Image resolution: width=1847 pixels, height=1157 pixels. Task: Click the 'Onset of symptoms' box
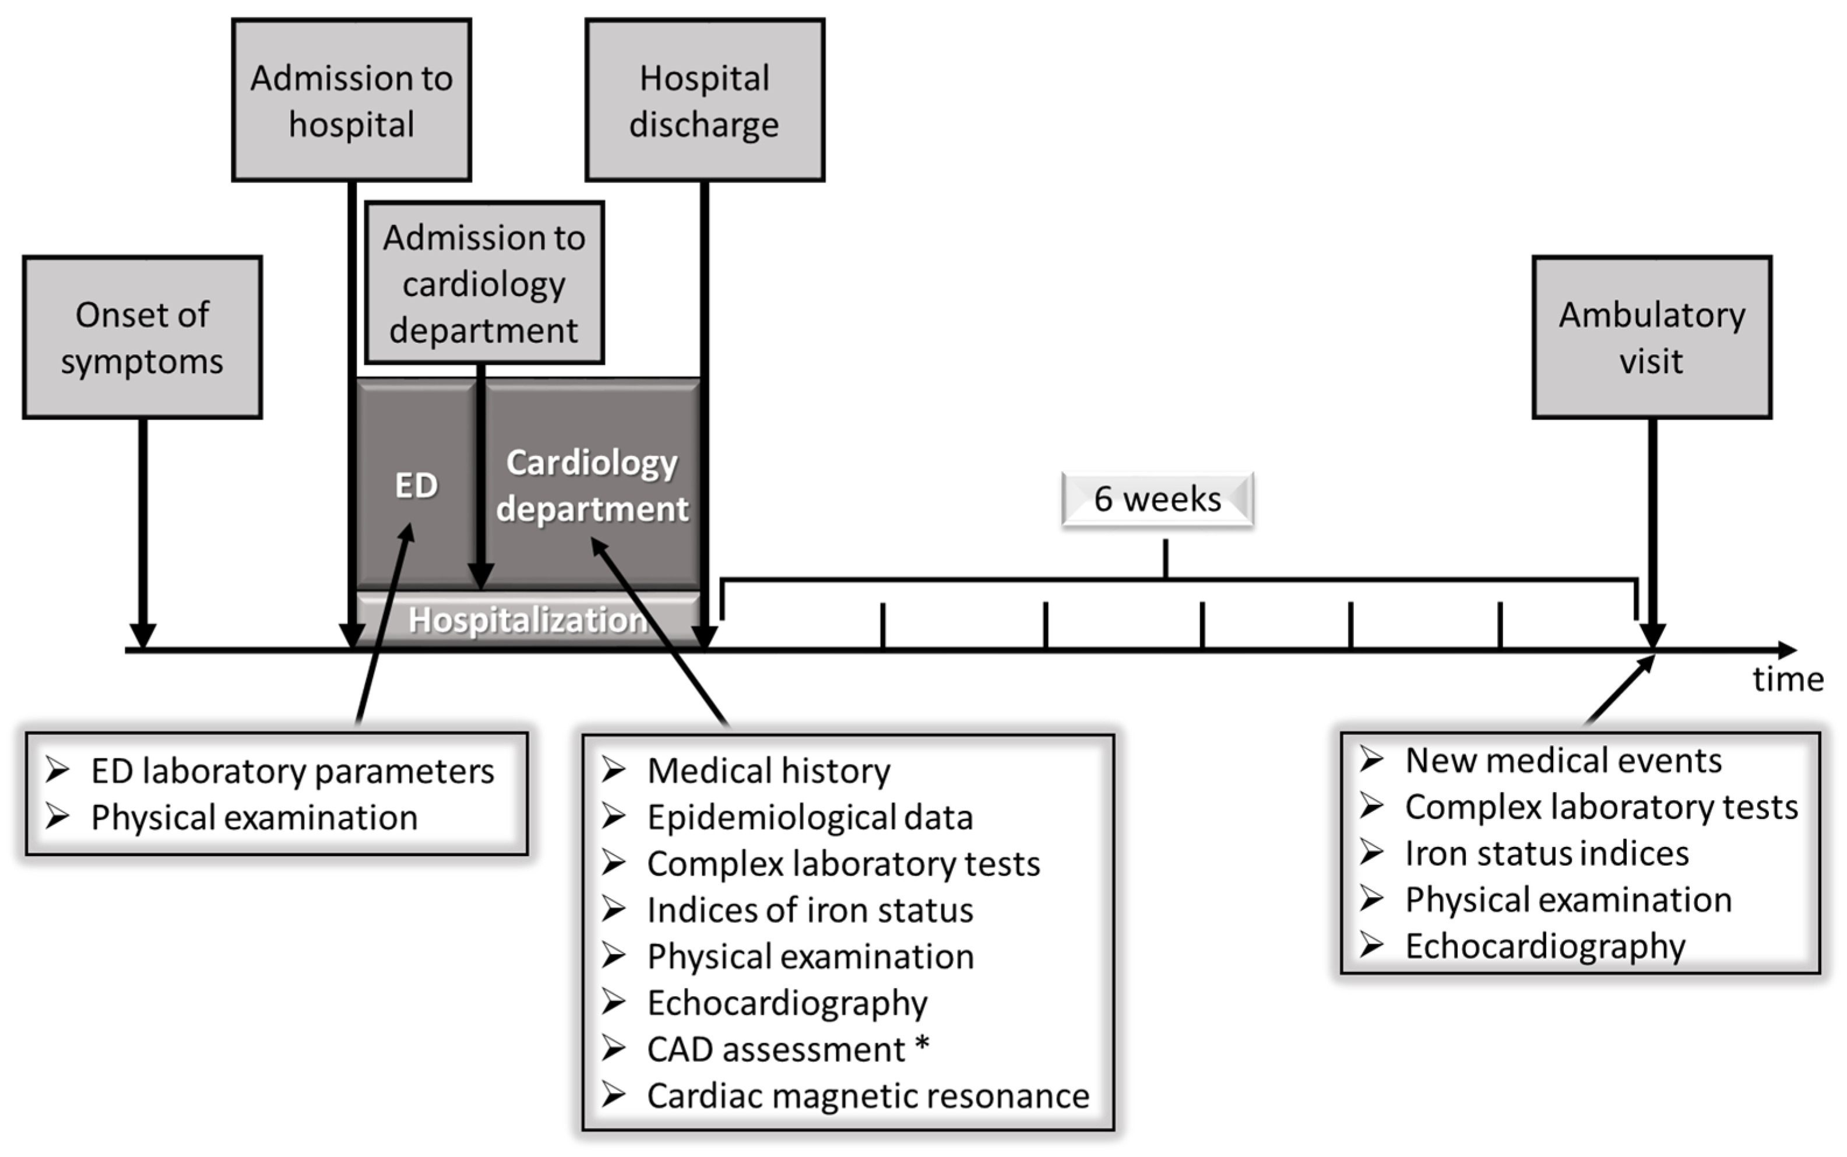click(x=142, y=337)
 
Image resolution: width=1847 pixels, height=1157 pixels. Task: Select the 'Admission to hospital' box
click(x=351, y=100)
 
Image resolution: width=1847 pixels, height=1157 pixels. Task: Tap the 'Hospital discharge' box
click(x=704, y=100)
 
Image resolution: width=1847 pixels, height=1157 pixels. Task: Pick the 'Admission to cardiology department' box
click(x=484, y=283)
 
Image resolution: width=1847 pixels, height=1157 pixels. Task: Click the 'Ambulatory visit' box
click(x=1651, y=337)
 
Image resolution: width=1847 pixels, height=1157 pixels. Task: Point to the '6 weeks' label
click(x=1157, y=499)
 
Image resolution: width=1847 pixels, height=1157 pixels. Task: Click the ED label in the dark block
click(x=416, y=485)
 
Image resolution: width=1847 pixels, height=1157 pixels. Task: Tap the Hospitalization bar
click(x=528, y=619)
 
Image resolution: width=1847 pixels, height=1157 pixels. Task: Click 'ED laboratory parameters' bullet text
click(x=292, y=771)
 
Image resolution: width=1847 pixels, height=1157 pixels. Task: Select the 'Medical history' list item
click(x=768, y=771)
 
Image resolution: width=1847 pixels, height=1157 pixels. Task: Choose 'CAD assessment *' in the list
click(x=788, y=1049)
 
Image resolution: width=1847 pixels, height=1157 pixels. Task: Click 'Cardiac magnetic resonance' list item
click(x=868, y=1096)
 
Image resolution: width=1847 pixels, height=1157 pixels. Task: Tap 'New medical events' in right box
click(x=1563, y=761)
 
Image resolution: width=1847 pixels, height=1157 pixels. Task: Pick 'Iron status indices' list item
click(x=1546, y=853)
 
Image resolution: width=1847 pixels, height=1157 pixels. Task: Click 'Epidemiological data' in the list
click(x=810, y=817)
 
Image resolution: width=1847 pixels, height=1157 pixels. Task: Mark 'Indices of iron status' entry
click(x=810, y=910)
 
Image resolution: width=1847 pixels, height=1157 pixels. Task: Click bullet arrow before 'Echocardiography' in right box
click(x=1371, y=946)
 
